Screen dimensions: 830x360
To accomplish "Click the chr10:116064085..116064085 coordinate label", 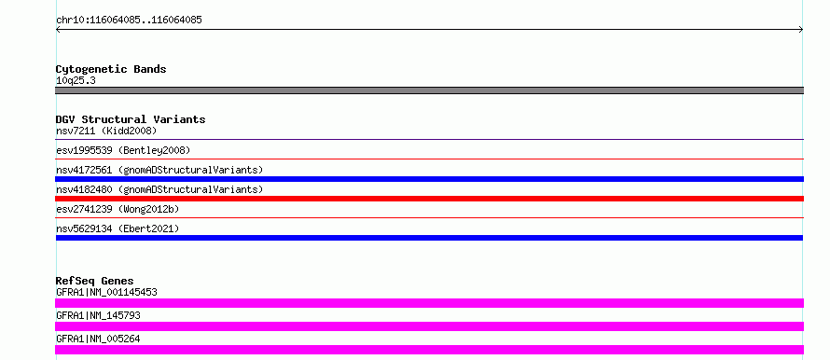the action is click(x=129, y=21).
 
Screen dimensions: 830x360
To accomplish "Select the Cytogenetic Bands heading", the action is click(x=111, y=69).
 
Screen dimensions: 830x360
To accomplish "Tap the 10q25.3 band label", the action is click(x=76, y=81).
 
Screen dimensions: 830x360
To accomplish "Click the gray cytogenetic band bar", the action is click(x=429, y=90).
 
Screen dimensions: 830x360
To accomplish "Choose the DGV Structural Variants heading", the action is click(x=131, y=119).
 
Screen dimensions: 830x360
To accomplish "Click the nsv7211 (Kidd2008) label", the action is click(x=106, y=131).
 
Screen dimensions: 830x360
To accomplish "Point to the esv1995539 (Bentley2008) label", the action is click(x=123, y=150).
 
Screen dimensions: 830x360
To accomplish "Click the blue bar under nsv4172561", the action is click(x=429, y=179).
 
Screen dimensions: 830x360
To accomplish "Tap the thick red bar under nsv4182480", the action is click(x=429, y=199).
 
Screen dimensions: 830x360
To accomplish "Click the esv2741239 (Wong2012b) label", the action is click(x=118, y=209).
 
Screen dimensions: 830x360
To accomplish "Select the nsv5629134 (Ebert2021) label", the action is click(x=118, y=228).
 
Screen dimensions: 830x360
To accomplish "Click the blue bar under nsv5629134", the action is click(x=429, y=238).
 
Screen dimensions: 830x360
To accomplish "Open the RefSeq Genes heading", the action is click(x=95, y=281).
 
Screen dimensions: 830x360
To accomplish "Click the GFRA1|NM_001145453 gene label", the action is click(x=106, y=292).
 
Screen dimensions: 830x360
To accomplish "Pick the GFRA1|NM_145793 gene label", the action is click(x=98, y=315).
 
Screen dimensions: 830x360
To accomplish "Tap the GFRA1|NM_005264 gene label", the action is click(x=98, y=339).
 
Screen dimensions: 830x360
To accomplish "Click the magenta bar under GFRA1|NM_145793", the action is click(x=429, y=326).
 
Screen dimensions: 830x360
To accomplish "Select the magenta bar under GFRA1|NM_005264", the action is click(x=429, y=350).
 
